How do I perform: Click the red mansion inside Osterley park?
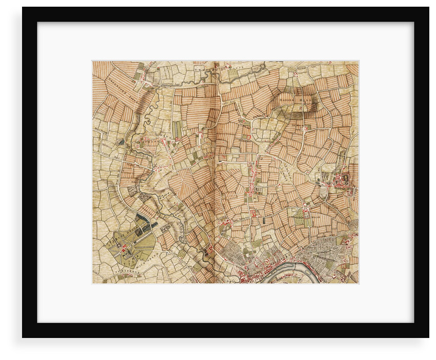coord(124,247)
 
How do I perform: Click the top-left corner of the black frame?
coord(23,8)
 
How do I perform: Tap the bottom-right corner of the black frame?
coord(428,336)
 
